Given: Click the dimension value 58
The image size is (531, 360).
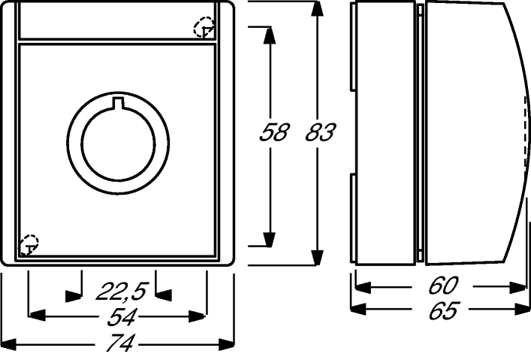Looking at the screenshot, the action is (x=274, y=132).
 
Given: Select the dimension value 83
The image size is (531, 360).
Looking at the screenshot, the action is (x=321, y=132).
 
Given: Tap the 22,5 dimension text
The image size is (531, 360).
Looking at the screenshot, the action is (x=122, y=291).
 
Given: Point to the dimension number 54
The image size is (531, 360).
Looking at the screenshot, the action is (x=122, y=318).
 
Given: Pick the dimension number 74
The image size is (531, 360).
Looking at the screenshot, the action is (x=121, y=343).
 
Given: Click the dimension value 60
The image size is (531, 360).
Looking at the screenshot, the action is (x=443, y=286).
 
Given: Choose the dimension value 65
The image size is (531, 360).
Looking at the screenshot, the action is (x=443, y=310).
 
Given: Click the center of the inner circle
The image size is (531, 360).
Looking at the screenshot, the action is (x=118, y=144).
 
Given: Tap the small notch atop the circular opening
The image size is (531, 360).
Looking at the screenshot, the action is (x=118, y=103).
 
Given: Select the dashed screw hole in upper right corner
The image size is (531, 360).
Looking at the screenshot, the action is (x=204, y=27).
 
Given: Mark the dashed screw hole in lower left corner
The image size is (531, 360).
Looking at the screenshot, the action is (x=29, y=244).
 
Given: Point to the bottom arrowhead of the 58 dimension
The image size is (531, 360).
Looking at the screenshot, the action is (x=270, y=239).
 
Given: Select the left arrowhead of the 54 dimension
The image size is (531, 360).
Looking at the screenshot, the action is (x=37, y=316).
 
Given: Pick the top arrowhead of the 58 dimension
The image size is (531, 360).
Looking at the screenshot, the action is (x=270, y=35).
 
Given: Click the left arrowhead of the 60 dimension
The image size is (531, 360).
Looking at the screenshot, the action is (x=364, y=287).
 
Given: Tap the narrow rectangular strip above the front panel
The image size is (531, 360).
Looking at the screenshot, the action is (x=117, y=20).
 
